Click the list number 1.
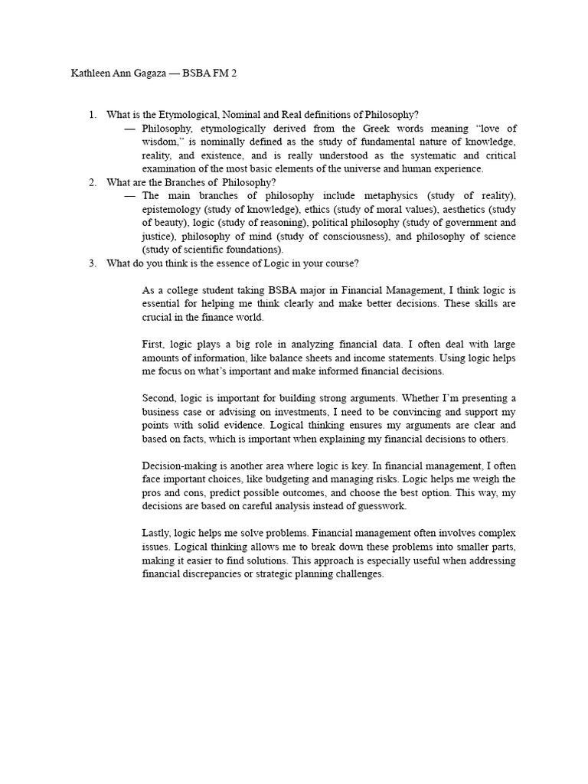(x=92, y=115)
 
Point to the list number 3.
(x=92, y=263)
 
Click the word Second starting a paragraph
(x=158, y=398)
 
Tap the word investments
(x=296, y=412)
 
